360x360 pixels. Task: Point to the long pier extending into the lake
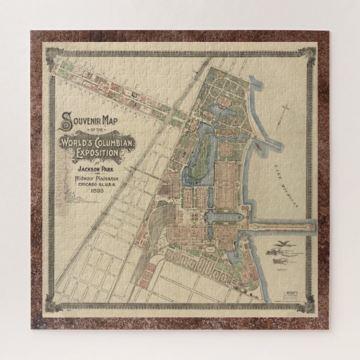click(x=280, y=226)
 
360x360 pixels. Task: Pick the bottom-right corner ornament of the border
click(x=307, y=307)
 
